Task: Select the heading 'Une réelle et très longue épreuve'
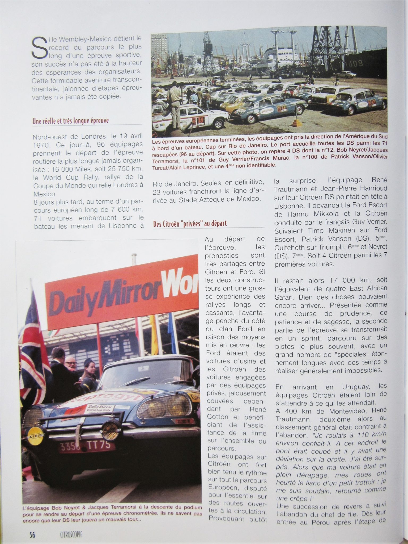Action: tap(70, 121)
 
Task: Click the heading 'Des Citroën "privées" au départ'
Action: tap(190, 223)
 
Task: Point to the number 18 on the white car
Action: tap(201, 121)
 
